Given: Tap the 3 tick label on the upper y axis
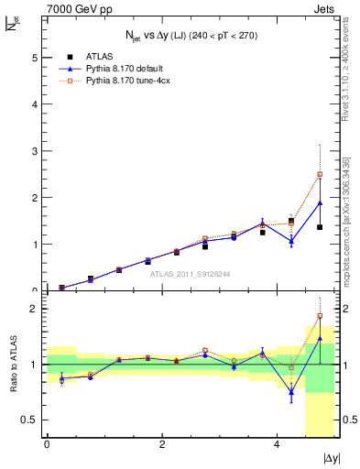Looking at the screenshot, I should click(x=35, y=151).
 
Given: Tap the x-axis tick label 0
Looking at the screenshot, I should click(x=47, y=445).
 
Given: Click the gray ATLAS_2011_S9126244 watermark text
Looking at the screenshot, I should click(x=191, y=272).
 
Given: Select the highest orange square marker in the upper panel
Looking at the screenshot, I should click(x=320, y=174).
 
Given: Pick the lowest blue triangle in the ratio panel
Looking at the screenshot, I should click(x=291, y=392).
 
